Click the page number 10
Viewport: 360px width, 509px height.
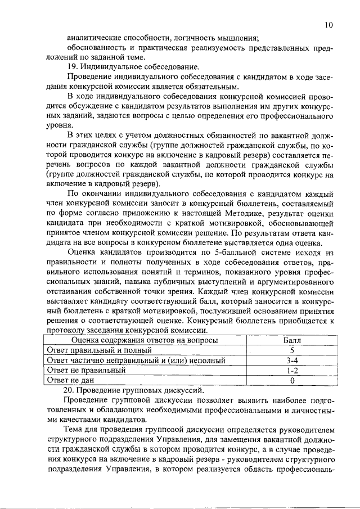click(x=328, y=25)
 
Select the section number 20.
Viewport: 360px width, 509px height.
click(x=71, y=391)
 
